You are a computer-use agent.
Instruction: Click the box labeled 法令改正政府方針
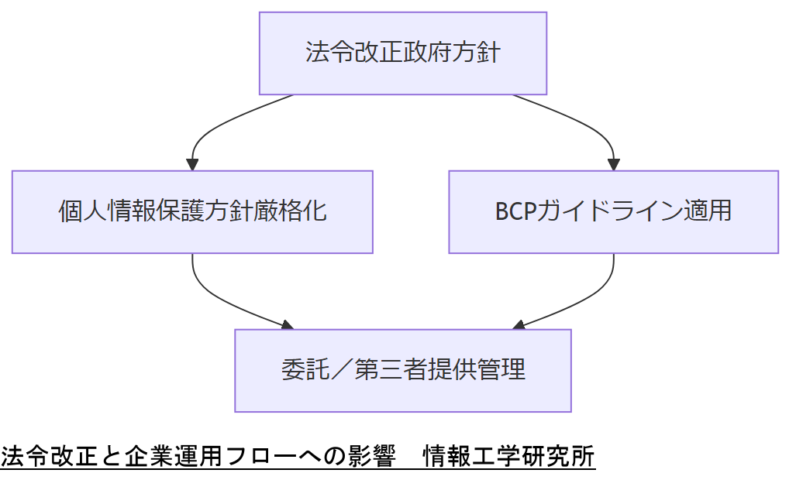[403, 53]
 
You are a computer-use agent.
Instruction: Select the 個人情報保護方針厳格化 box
[192, 211]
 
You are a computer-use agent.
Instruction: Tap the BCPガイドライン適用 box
[613, 211]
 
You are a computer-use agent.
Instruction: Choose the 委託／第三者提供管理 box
[403, 370]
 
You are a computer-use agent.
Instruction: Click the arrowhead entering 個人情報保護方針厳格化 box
[192, 165]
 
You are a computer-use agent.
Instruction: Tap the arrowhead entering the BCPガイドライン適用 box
[613, 165]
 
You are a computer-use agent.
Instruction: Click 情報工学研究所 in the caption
[508, 457]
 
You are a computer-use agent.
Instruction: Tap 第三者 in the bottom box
[391, 370]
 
